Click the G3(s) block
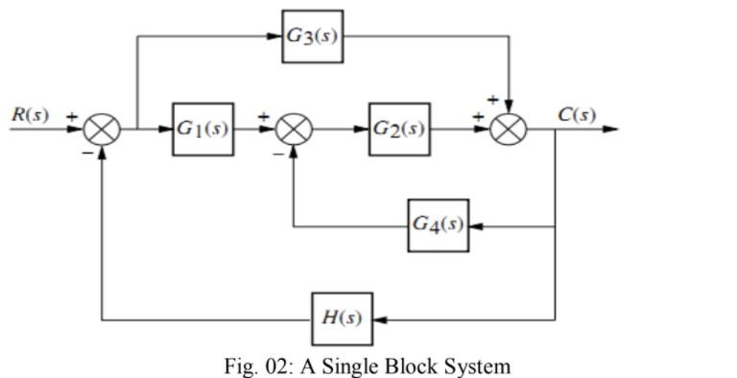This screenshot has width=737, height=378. coord(312,36)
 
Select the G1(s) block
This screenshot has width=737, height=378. coord(202,129)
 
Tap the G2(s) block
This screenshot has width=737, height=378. coord(398,129)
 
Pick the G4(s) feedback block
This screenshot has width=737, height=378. coord(439,224)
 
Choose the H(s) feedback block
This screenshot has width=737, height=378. coord(343,319)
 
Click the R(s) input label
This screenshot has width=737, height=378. coord(30,114)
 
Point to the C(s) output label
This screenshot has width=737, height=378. coord(576,114)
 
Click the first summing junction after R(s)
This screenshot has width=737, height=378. coord(102,129)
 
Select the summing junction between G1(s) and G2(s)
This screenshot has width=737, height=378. coord(294,129)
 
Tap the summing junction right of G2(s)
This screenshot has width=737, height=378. coord(508,129)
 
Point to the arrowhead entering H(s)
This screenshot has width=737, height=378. coord(380,319)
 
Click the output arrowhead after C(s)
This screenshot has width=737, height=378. coord(610,129)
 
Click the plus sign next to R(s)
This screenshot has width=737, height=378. coord(69,116)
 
